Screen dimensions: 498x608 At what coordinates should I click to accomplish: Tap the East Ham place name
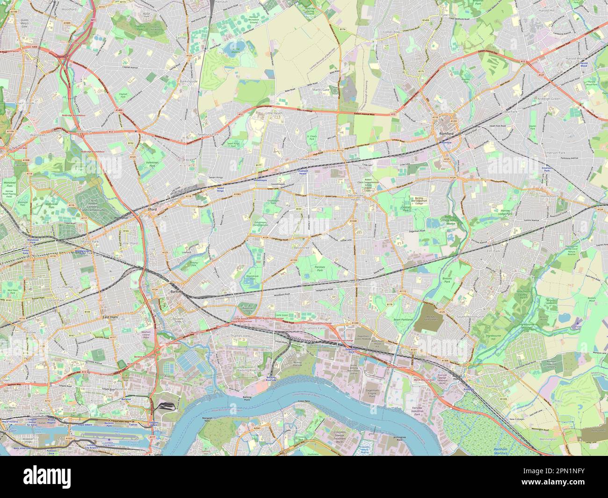110,317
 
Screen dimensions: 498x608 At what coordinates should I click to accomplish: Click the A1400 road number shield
120,110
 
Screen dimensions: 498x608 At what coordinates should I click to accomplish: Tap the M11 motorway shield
93,21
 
